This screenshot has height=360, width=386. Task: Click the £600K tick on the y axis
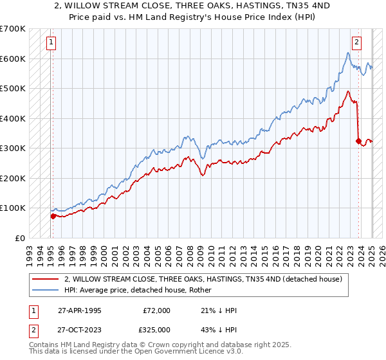(x=13, y=59)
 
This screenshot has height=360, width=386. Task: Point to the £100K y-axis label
(x=13, y=208)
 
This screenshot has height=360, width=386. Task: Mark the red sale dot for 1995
(x=53, y=216)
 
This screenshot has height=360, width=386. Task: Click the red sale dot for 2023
(x=358, y=141)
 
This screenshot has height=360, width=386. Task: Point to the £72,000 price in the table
(x=156, y=310)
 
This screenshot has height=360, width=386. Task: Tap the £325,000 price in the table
(x=156, y=330)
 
